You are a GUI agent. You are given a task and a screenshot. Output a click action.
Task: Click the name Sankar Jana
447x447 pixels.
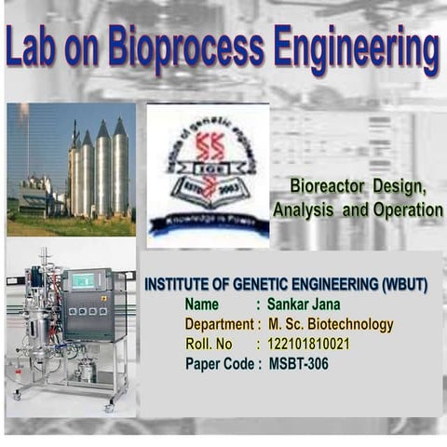304,305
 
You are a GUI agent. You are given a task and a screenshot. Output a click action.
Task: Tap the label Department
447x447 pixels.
220,325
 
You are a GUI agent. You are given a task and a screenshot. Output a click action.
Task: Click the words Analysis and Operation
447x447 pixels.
358,210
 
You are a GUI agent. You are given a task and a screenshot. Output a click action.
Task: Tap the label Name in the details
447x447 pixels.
202,305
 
